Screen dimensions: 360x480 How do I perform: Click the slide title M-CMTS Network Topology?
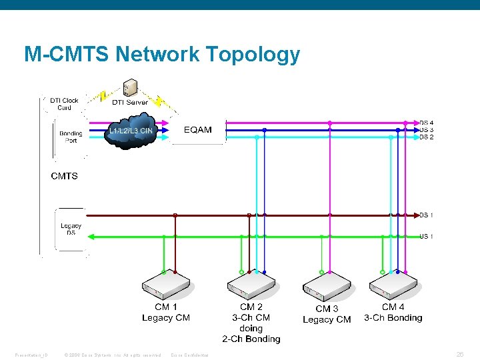[x=162, y=54]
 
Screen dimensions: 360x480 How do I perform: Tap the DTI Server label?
[x=130, y=102]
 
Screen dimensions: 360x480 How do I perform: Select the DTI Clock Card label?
[x=64, y=104]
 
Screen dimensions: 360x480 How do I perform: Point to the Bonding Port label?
[x=71, y=137]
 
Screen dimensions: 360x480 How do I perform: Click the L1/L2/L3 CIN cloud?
[x=132, y=131]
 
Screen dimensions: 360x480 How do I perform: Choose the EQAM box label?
[x=198, y=130]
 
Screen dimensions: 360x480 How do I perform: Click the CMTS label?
[x=64, y=176]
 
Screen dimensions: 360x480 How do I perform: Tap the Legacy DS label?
[x=71, y=229]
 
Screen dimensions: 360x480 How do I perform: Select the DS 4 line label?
[x=427, y=123]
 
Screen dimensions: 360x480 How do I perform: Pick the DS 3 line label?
[x=427, y=130]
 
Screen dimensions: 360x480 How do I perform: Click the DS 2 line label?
[x=427, y=137]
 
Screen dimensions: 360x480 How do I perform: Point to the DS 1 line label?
[x=427, y=215]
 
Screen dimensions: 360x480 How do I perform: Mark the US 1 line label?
[x=427, y=236]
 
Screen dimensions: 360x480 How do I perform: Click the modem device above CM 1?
[x=166, y=287]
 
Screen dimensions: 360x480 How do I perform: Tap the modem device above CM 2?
[x=251, y=287]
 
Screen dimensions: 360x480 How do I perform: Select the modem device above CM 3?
[x=327, y=289]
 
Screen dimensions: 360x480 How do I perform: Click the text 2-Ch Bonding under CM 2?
[x=251, y=339]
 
